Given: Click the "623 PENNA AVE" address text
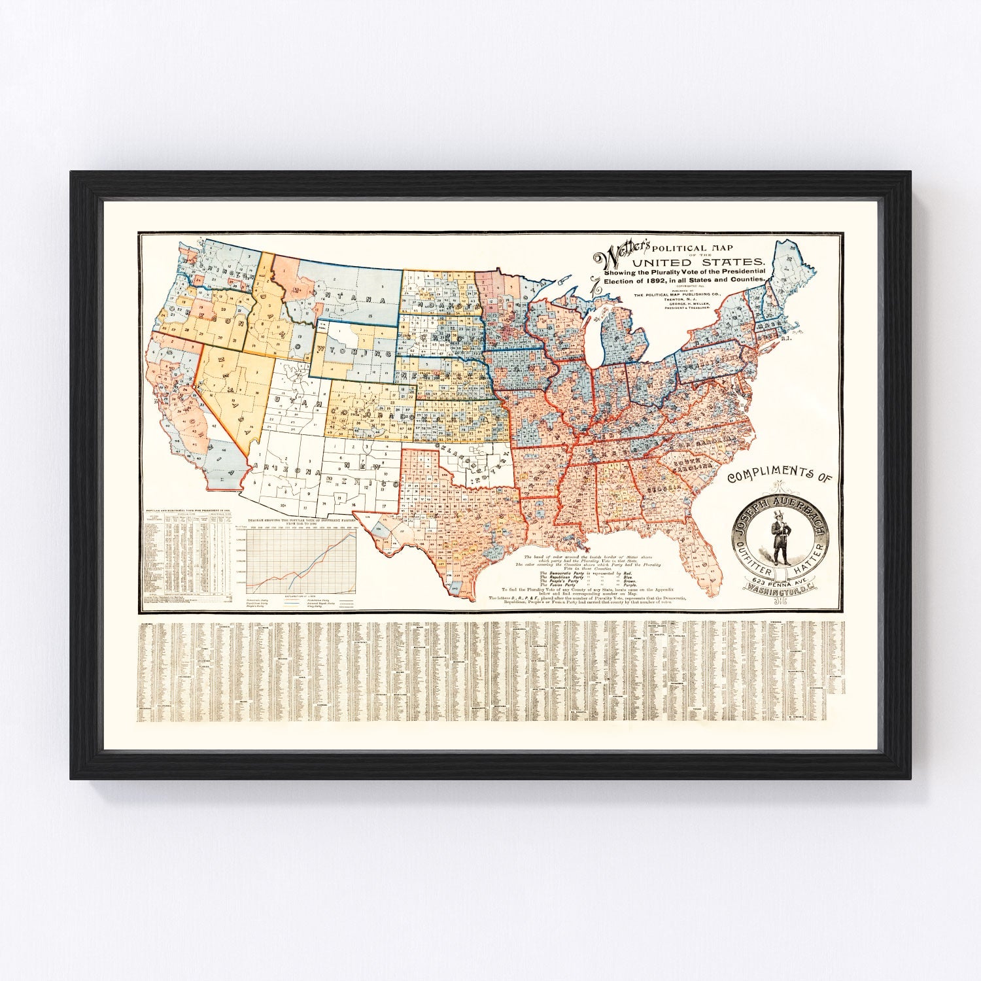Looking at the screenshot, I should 778,580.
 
